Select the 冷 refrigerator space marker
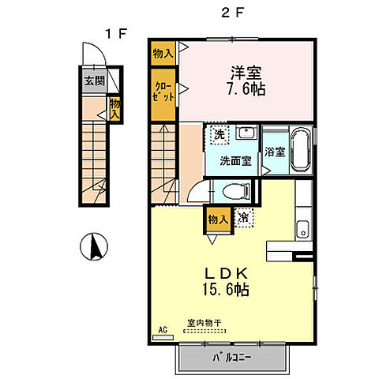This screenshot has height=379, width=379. [243, 216]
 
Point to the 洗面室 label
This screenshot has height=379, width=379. [235, 160]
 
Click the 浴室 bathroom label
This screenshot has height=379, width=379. [276, 151]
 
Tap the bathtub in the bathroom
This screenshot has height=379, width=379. [301, 150]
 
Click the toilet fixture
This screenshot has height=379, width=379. [235, 189]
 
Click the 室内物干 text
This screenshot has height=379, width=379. [204, 323]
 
